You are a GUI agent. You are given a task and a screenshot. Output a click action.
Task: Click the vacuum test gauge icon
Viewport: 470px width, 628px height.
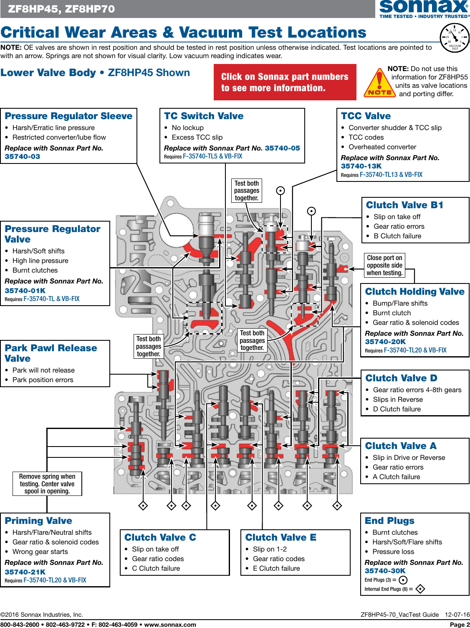click(x=455, y=38)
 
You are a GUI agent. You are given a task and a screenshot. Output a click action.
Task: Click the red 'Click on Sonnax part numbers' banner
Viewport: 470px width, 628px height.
click(x=285, y=82)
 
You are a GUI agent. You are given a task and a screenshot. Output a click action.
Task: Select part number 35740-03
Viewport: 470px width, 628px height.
click(x=23, y=156)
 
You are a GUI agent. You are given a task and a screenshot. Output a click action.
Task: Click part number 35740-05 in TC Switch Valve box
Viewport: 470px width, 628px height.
click(x=282, y=148)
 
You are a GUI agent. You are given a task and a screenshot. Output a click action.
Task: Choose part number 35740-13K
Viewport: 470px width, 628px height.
click(x=361, y=166)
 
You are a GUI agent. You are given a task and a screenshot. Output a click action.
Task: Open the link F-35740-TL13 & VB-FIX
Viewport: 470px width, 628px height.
click(x=391, y=175)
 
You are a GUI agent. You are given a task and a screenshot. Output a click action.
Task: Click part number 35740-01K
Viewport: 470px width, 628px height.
click(x=25, y=291)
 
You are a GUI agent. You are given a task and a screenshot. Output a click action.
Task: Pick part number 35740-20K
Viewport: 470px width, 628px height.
click(x=385, y=342)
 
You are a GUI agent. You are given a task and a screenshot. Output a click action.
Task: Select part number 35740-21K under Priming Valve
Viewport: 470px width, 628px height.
click(x=25, y=572)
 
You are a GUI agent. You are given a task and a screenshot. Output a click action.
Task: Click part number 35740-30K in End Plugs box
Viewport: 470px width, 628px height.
click(x=385, y=571)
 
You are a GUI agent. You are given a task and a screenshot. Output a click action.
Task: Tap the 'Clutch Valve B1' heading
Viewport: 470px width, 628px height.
click(x=404, y=205)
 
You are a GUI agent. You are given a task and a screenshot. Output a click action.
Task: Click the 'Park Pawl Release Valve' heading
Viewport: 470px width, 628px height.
click(x=51, y=353)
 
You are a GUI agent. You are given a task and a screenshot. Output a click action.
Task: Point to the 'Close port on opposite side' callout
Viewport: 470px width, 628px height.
click(x=384, y=265)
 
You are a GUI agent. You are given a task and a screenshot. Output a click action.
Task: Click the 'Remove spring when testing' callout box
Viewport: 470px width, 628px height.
click(x=47, y=484)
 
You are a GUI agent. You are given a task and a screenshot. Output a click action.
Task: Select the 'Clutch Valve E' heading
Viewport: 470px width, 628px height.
click(x=280, y=537)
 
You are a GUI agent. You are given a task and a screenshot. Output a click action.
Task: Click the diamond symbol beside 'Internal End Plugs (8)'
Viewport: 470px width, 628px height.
click(x=420, y=589)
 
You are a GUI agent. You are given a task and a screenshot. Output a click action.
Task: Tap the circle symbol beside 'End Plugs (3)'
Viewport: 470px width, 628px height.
click(x=403, y=580)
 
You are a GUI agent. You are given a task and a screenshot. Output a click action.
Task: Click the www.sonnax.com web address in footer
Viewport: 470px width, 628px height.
click(x=170, y=625)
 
